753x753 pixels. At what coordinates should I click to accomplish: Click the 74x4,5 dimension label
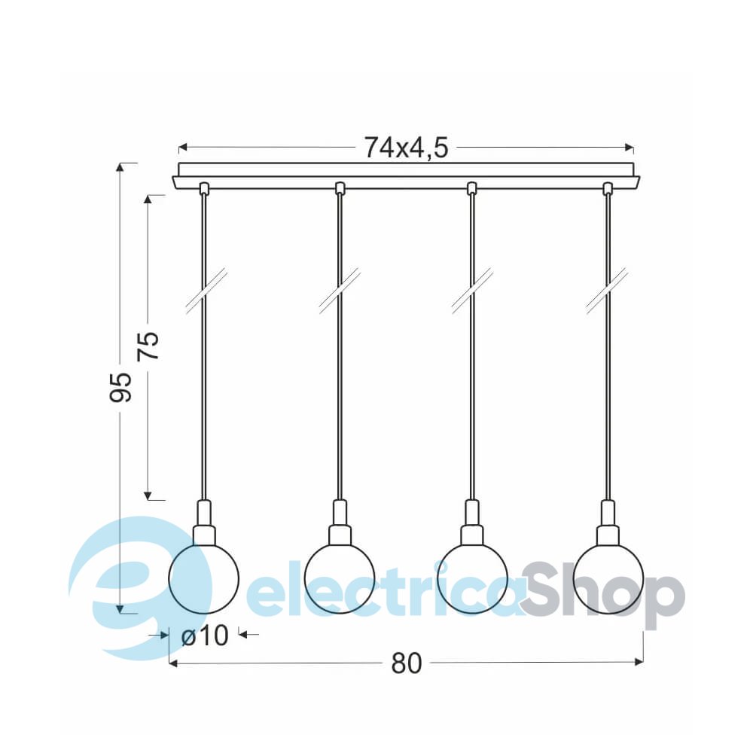tap(406, 148)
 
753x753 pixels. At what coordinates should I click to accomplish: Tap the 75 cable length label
tap(148, 346)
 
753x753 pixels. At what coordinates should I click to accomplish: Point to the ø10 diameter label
tap(205, 636)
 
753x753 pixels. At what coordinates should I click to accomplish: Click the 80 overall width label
tap(407, 663)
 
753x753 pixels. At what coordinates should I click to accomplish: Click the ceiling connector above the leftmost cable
tap(204, 187)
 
